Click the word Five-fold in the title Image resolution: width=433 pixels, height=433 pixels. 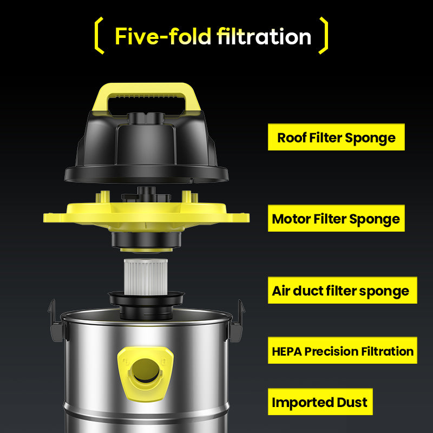163,36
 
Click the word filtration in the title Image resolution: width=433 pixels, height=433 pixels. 264,36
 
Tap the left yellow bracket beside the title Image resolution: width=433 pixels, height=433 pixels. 99,35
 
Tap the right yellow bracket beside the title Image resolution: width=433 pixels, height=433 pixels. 323,35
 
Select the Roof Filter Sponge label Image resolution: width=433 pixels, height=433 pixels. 336,137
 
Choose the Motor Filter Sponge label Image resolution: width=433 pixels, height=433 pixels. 336,218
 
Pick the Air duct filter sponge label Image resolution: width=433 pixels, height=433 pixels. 343,290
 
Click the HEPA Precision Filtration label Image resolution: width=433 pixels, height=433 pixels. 343,350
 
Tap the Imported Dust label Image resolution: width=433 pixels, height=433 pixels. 320,402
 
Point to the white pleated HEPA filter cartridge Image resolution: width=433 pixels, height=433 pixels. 146,277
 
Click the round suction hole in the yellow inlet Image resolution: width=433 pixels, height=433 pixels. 146,370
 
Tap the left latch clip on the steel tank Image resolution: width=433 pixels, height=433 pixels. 57,322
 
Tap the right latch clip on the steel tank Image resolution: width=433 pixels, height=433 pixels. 237,322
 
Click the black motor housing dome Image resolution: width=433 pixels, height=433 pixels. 146,146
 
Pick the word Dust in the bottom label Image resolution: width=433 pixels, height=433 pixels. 352,402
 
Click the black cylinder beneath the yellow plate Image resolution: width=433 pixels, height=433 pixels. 146,240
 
